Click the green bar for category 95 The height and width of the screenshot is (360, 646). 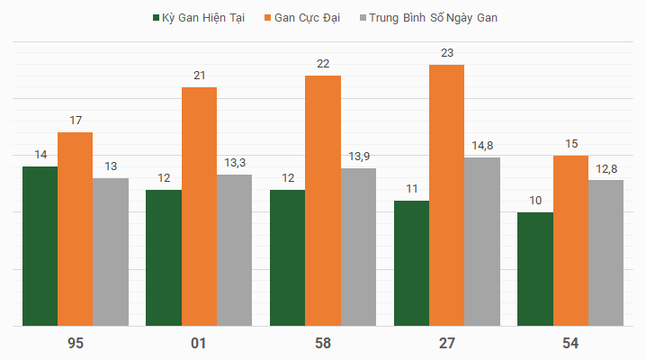tap(40, 246)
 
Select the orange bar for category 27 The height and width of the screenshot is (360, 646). tap(446, 194)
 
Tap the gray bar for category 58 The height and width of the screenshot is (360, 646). tap(358, 247)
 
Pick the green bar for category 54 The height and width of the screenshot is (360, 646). tap(534, 268)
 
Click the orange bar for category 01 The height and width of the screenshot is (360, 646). tap(199, 206)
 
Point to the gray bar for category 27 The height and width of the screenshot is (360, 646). tap(482, 241)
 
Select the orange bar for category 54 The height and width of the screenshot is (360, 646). tap(570, 240)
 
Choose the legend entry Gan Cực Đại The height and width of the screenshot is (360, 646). tap(309, 18)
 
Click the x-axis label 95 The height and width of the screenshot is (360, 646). tap(76, 343)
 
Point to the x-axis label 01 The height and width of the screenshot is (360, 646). tap(199, 343)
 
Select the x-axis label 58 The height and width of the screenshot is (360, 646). tap(323, 343)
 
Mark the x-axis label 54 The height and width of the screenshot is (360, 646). tap(570, 343)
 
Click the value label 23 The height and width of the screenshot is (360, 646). tap(447, 53)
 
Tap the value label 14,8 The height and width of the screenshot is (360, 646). tap(482, 146)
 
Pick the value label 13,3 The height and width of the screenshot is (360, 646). tap(235, 163)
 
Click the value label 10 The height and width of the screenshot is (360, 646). tap(534, 201)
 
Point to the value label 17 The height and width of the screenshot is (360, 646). tap(76, 121)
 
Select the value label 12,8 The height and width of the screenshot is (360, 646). tap(606, 168)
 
